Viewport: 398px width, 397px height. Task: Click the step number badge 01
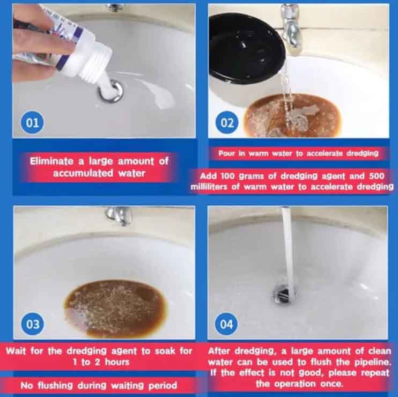[32, 123]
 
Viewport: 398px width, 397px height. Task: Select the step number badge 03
[32, 324]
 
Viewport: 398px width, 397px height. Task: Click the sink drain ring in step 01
[110, 91]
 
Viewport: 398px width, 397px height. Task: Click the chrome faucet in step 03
[119, 215]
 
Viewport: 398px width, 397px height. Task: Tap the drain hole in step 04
[285, 292]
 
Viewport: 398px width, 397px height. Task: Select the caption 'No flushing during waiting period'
[99, 385]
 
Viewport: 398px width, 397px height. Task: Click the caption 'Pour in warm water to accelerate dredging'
[298, 153]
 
